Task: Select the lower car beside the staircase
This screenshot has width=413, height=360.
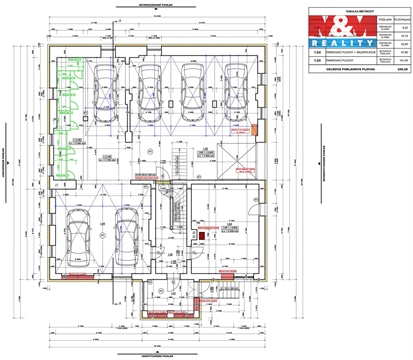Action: pyautogui.click(x=128, y=238)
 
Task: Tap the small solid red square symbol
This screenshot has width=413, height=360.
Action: pyautogui.click(x=200, y=235)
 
